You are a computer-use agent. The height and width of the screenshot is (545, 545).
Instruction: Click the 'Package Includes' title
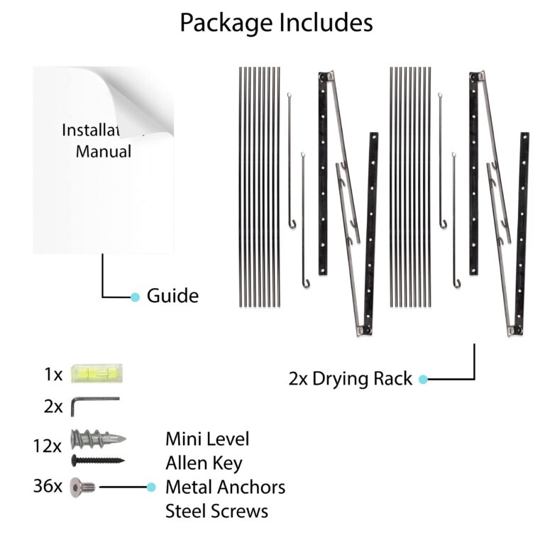point(276,23)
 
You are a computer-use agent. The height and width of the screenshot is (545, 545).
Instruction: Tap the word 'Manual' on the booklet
point(104,152)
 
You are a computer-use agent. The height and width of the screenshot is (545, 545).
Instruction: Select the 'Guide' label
point(172,296)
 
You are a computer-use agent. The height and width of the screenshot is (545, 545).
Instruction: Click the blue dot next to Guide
point(135,297)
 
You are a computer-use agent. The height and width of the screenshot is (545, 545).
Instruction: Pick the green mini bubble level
point(97,374)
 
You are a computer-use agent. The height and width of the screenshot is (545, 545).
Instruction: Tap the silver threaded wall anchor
point(99,439)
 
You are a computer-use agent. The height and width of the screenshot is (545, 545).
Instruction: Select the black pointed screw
point(98,461)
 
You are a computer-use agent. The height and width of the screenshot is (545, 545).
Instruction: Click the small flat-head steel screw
point(83,488)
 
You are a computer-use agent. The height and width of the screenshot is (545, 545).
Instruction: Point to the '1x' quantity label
point(53,375)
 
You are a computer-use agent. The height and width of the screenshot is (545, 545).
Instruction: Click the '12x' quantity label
point(48,446)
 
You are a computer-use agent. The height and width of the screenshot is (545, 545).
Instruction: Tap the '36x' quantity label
point(48,485)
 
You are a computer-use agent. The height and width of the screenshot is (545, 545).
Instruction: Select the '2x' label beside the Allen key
point(53,407)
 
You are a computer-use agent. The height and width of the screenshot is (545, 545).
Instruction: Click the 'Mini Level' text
point(207,439)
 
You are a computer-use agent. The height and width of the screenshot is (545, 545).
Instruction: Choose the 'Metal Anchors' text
point(226,487)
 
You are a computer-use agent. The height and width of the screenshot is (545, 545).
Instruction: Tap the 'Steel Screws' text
point(217,511)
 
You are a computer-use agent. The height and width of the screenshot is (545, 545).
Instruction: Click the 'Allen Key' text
point(204,464)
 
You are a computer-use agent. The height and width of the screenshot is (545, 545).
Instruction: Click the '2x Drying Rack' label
point(351,379)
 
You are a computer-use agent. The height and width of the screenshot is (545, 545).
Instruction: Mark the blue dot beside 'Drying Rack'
point(423,379)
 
